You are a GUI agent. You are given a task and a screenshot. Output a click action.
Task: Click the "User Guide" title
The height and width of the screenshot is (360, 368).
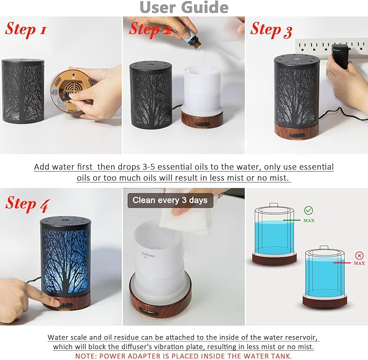[184, 7]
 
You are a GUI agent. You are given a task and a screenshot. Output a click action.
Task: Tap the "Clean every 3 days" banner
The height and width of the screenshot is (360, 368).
[170, 200]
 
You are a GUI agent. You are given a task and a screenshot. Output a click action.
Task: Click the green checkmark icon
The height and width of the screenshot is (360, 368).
[308, 211]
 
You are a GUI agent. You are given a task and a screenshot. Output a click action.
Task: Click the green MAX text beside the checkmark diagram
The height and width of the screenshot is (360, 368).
[309, 221]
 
